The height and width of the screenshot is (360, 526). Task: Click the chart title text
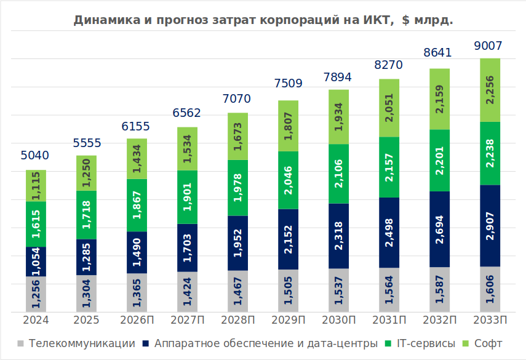pyautogui.click(x=263, y=20)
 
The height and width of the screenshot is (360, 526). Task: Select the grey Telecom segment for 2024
pyautogui.click(x=36, y=294)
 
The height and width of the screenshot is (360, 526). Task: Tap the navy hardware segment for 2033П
pyautogui.click(x=490, y=225)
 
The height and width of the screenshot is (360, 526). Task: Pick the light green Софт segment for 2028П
pyautogui.click(x=237, y=136)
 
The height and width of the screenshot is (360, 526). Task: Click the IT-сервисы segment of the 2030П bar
pyautogui.click(x=338, y=174)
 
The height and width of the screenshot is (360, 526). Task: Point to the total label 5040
pyautogui.click(x=35, y=156)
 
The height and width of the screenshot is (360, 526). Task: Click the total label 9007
pyautogui.click(x=489, y=46)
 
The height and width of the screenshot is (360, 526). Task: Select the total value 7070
pyautogui.click(x=237, y=99)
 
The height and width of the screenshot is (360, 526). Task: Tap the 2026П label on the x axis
pyautogui.click(x=137, y=321)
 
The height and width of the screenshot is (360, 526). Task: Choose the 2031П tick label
pyautogui.click(x=389, y=321)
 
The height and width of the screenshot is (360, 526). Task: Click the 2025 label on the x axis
pyautogui.click(x=86, y=321)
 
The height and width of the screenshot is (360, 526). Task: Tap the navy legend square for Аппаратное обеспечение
pyautogui.click(x=146, y=343)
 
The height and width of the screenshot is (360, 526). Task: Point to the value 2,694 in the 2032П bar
pyautogui.click(x=439, y=229)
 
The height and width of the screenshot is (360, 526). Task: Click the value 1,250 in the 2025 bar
pyautogui.click(x=86, y=173)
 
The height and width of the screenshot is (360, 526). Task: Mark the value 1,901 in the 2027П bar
pyautogui.click(x=187, y=197)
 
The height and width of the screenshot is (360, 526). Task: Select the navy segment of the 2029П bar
pyautogui.click(x=288, y=239)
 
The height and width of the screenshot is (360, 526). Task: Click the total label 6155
pyautogui.click(x=136, y=126)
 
